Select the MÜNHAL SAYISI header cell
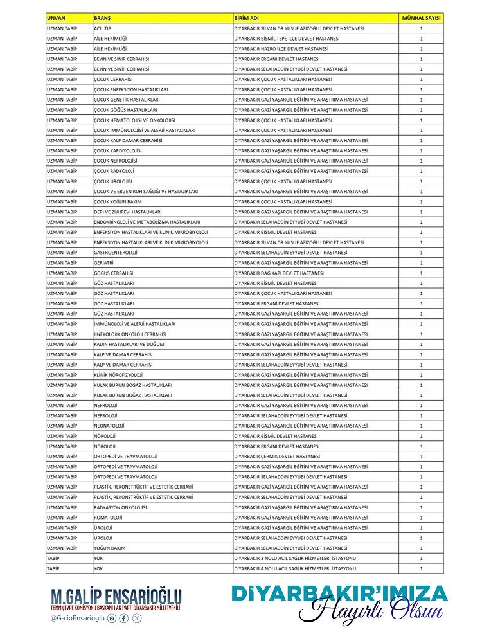pyautogui.click(x=421, y=19)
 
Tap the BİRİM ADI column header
pyautogui.click(x=245, y=19)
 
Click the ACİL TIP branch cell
pyautogui.click(x=103, y=29)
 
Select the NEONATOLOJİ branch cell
pyautogui.click(x=109, y=426)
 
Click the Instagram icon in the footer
pyautogui.click(x=112, y=619)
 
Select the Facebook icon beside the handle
pyautogui.click(x=124, y=619)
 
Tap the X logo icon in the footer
pyautogui.click(x=136, y=619)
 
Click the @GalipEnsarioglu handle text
pyautogui.click(x=77, y=619)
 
